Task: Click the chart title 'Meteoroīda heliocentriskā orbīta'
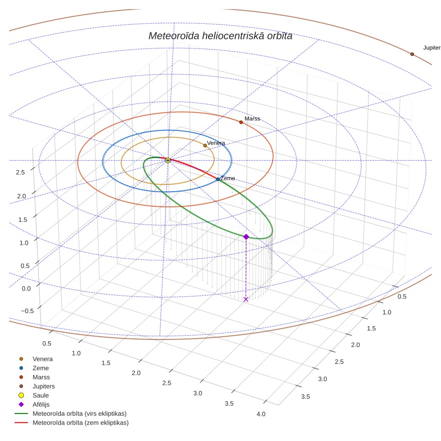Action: coord(220,36)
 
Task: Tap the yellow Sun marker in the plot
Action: coord(168,160)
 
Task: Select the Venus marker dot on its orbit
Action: coord(205,145)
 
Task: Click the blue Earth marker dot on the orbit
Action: coord(218,179)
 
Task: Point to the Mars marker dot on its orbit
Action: coord(241,122)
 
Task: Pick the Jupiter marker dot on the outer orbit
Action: coord(412,54)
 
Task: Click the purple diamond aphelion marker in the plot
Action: coord(246,237)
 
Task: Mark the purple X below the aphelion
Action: coord(246,299)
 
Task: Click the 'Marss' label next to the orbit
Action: coord(252,118)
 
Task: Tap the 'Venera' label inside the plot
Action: coord(216,143)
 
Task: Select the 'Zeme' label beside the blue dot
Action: coord(227,178)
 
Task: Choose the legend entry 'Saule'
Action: coord(41,395)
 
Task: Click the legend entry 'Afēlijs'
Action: coord(41,404)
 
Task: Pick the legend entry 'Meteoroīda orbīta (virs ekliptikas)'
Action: coord(80,414)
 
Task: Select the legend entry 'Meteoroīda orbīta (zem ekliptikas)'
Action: coord(81,423)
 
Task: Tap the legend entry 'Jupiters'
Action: coord(43,387)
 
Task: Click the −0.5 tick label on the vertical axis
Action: coord(27,311)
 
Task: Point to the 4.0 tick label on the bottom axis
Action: coord(261,414)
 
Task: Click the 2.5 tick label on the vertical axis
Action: coord(20,172)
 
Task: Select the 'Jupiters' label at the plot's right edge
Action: coord(432,48)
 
